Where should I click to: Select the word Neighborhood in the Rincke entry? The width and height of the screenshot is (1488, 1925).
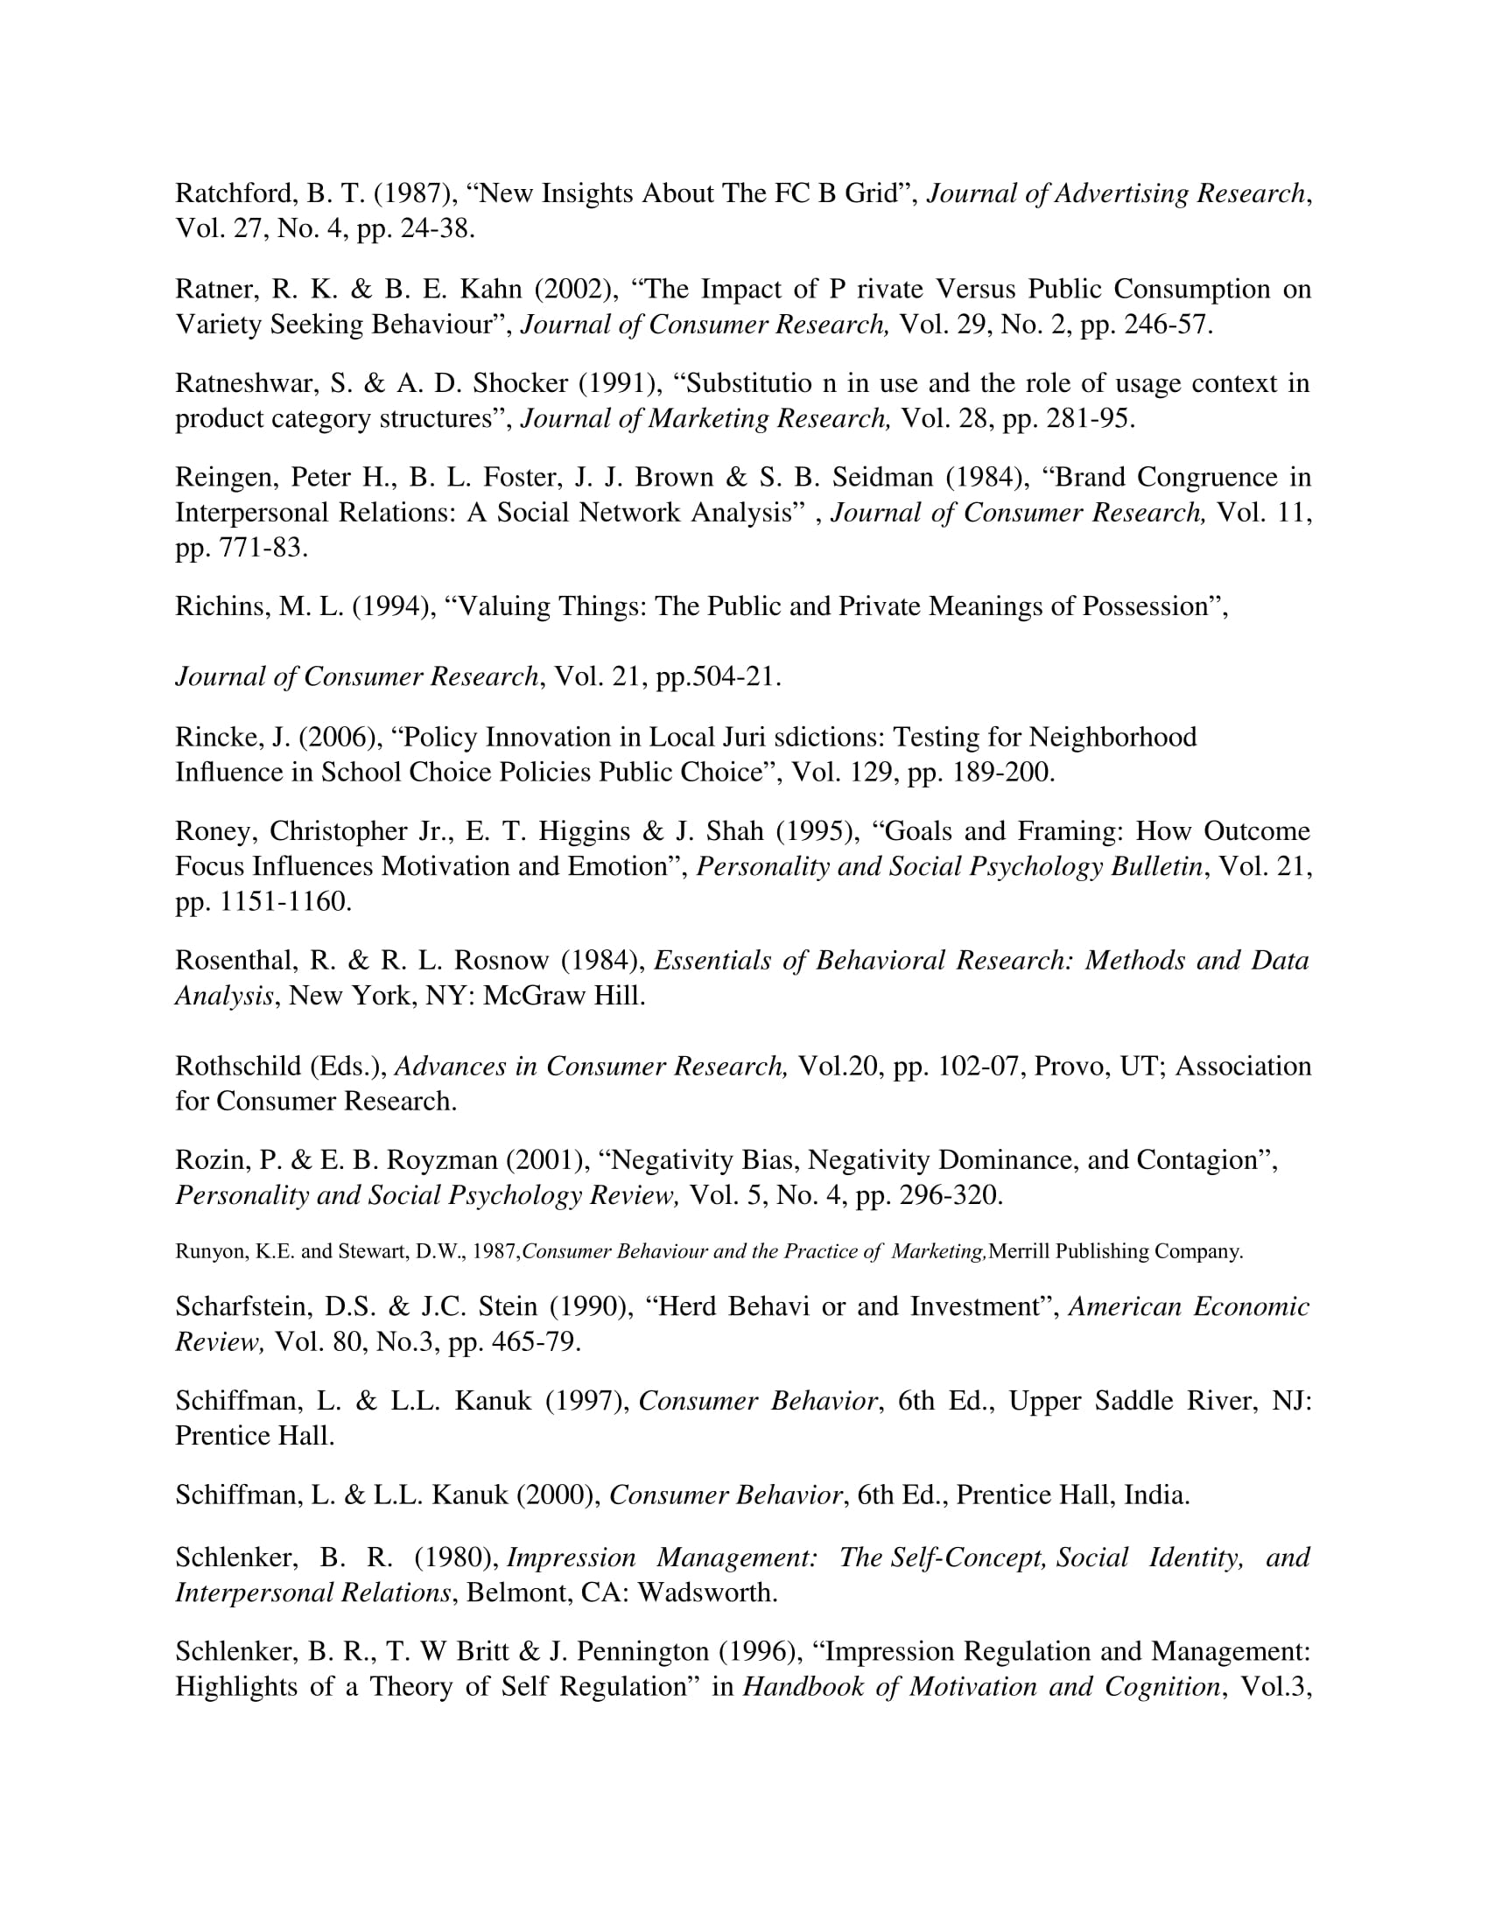pos(1112,737)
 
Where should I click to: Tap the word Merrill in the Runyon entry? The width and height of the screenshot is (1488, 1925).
pos(1019,1251)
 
